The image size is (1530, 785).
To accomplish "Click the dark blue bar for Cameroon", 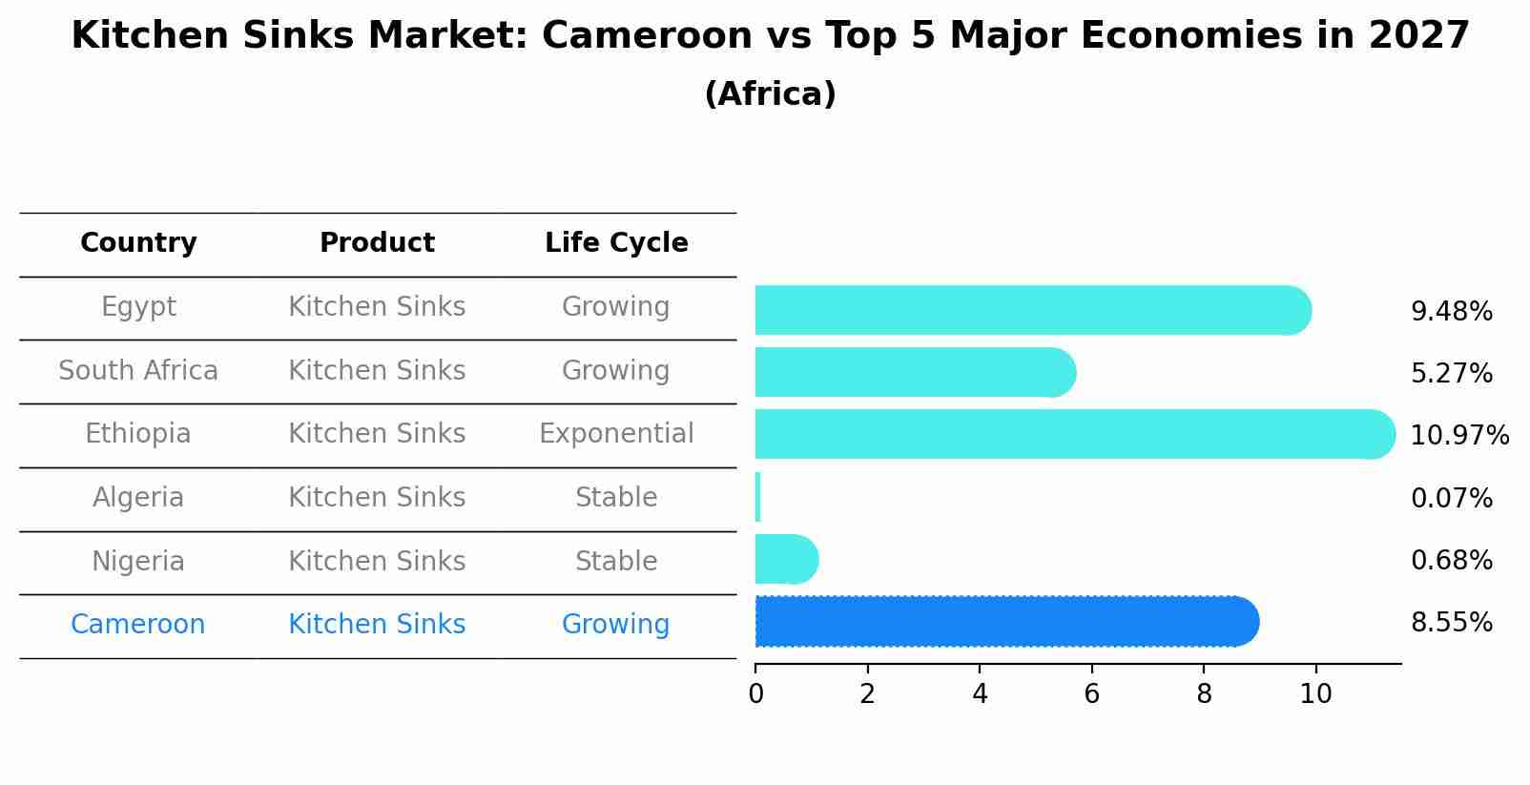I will [x=1006, y=621].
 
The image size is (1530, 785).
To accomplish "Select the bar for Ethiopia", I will [x=1074, y=434].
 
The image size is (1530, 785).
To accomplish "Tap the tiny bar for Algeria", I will [x=757, y=497].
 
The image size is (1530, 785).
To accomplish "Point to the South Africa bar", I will [x=915, y=372].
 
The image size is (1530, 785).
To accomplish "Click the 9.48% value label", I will [x=1451, y=312].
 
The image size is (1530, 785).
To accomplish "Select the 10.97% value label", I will [x=1458, y=436].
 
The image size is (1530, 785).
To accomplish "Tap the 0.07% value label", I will [x=1451, y=498].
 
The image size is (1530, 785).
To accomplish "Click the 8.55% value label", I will [x=1451, y=623].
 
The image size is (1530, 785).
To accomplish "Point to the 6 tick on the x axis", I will [x=1091, y=694].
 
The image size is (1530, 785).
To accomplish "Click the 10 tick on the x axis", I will [x=1315, y=694].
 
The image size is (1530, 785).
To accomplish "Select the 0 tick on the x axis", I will [x=755, y=694].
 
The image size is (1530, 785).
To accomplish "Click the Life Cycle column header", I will [x=616, y=243].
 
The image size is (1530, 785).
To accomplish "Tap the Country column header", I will [x=138, y=243].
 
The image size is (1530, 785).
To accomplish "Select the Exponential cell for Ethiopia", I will [x=616, y=434].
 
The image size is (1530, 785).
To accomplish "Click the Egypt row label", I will [x=138, y=307].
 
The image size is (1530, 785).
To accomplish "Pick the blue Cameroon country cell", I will [x=138, y=625].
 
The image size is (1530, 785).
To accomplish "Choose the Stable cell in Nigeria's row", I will [x=616, y=561].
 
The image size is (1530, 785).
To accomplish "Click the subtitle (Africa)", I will [x=770, y=94].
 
